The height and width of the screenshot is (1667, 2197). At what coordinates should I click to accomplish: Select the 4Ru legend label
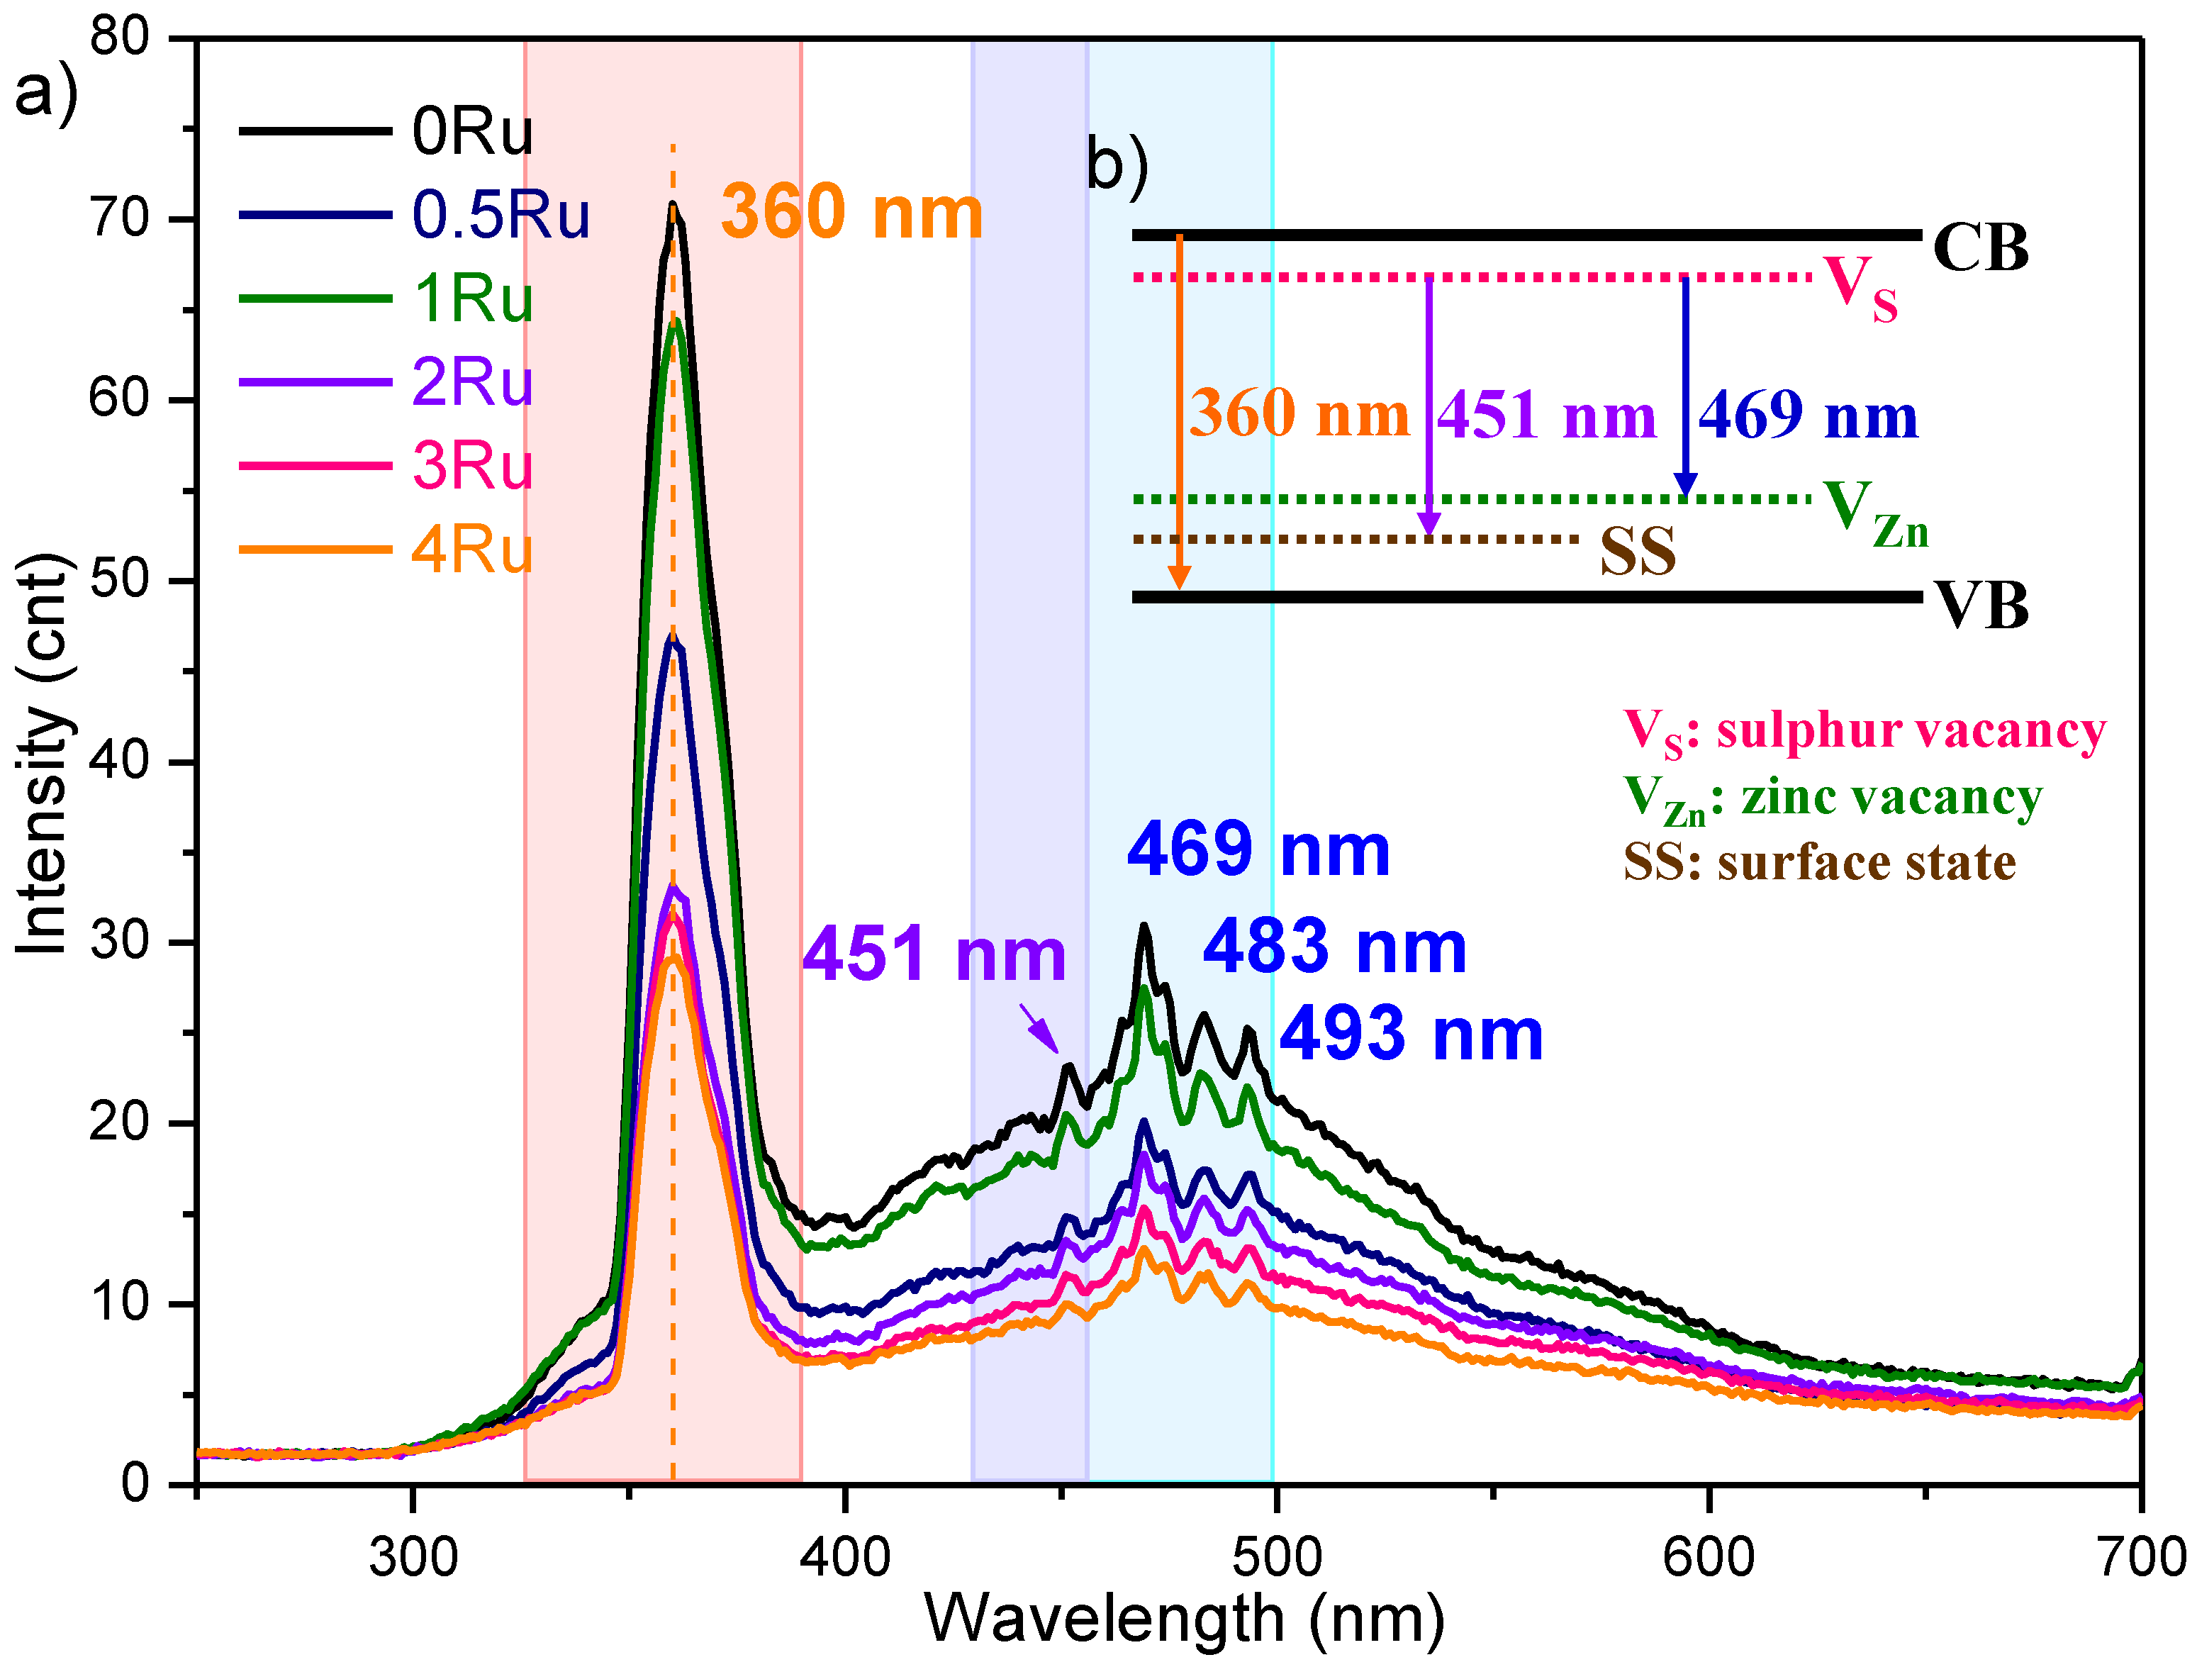(x=471, y=550)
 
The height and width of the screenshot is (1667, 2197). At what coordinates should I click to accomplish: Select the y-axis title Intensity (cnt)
(x=42, y=755)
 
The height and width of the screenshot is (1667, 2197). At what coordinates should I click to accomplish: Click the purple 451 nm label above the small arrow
(x=934, y=954)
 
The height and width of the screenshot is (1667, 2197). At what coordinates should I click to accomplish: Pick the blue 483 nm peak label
(x=1334, y=947)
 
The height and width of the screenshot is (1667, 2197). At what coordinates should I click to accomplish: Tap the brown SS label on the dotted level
(x=1637, y=552)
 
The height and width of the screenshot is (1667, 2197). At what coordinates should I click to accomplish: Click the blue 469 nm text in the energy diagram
(x=1808, y=416)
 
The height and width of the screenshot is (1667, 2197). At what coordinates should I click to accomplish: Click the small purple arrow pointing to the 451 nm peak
(x=1040, y=1028)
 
